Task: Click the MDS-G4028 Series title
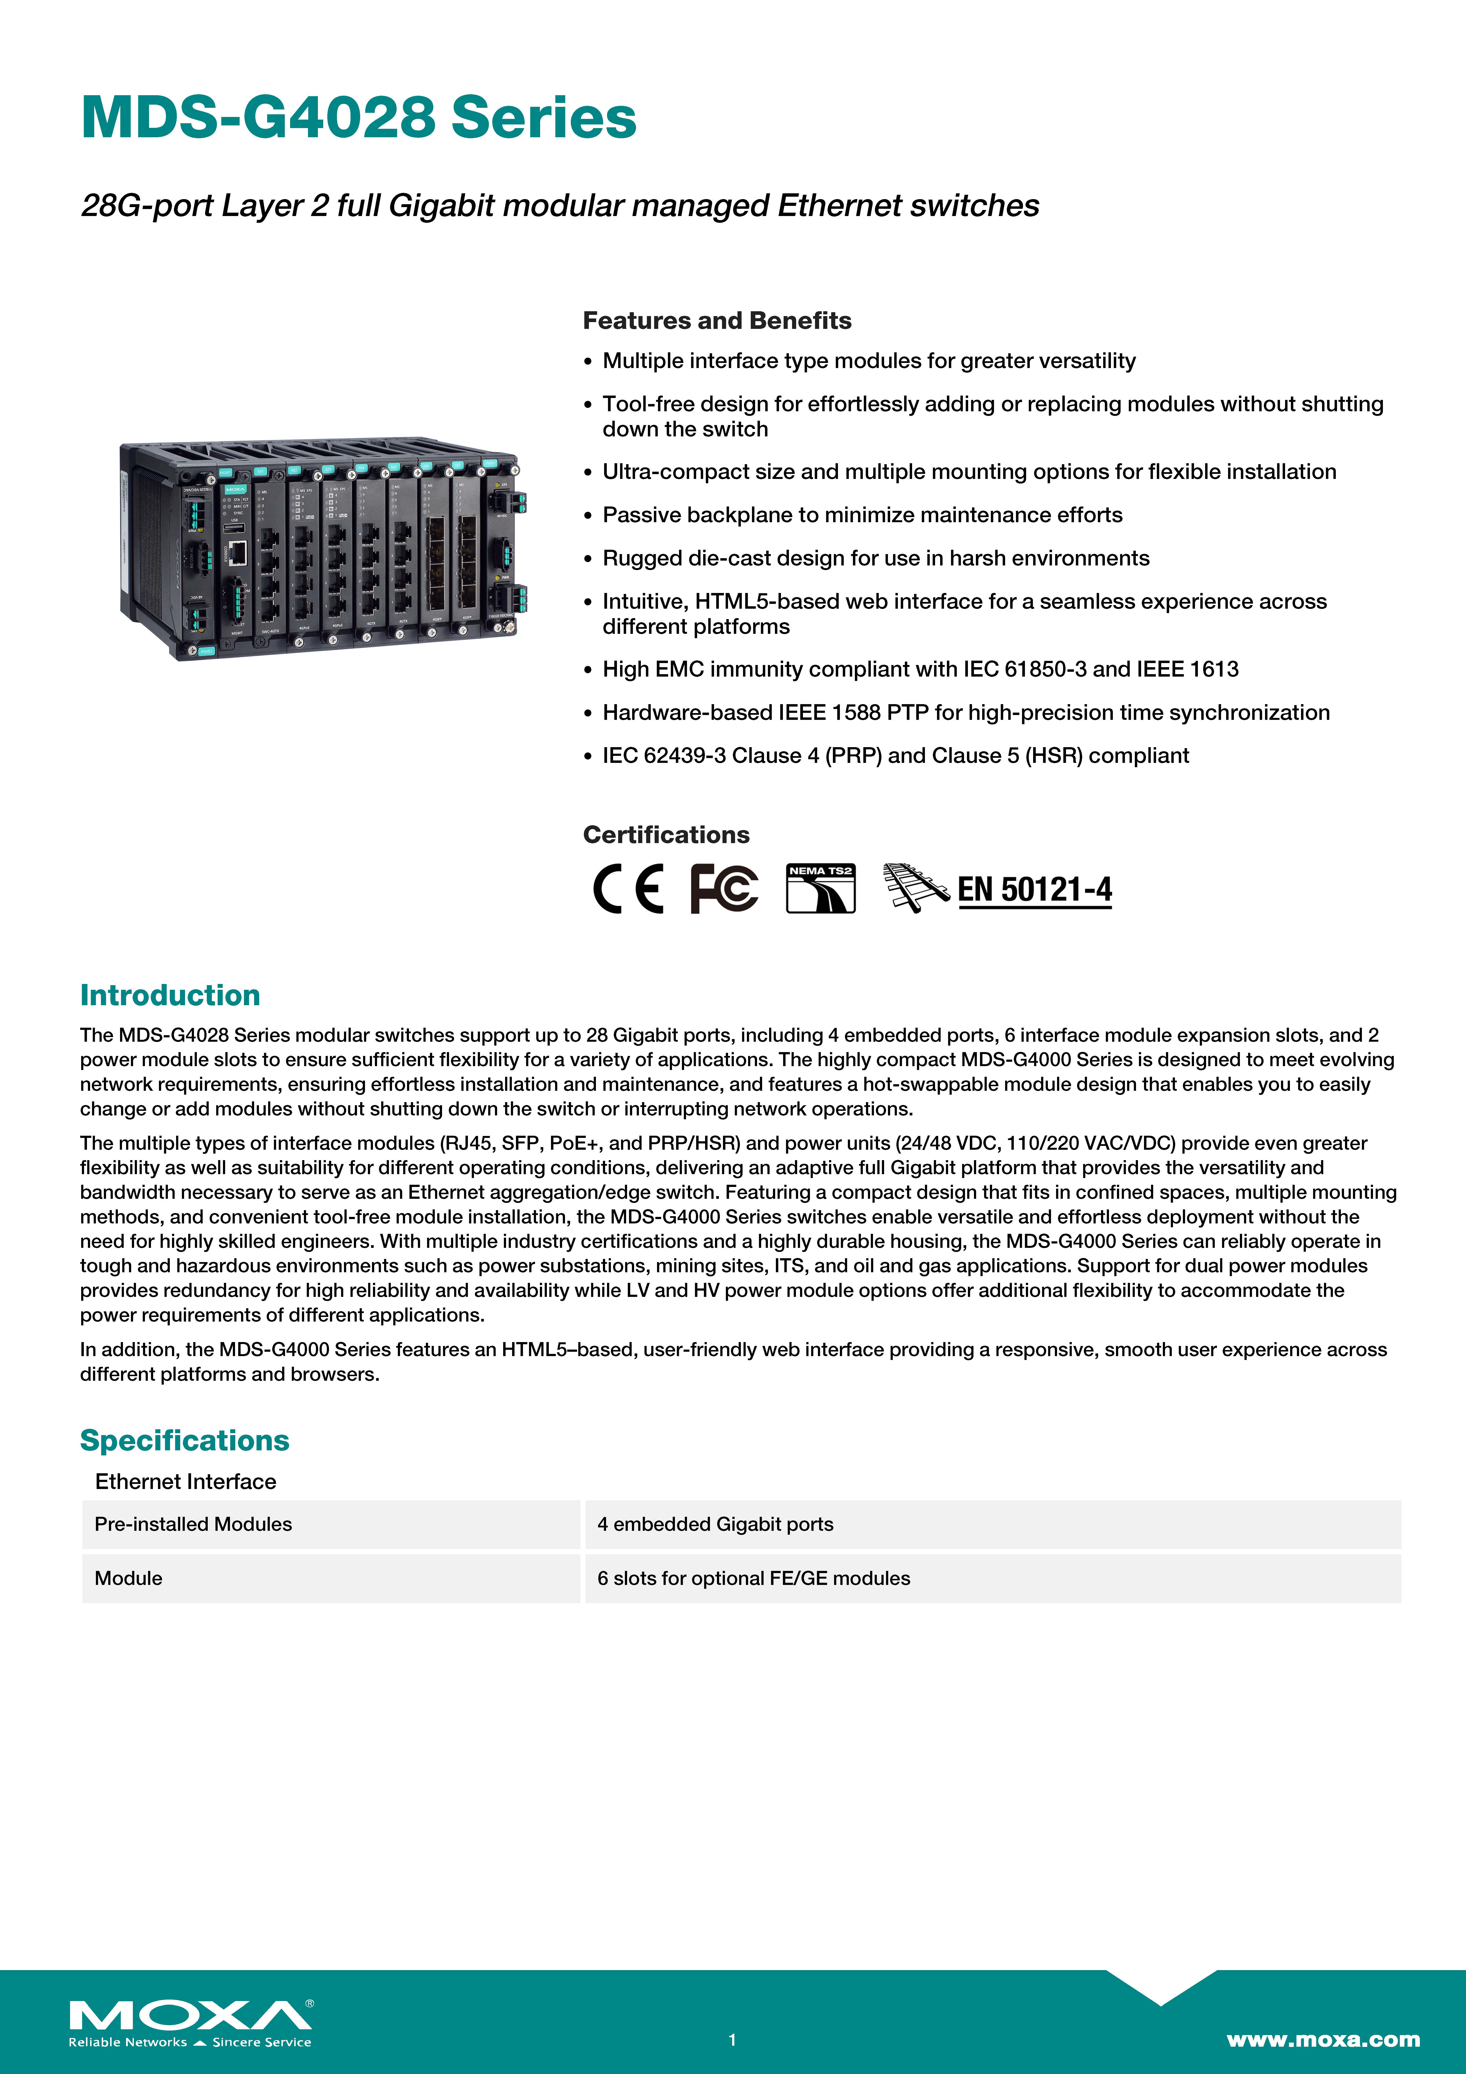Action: pos(359,118)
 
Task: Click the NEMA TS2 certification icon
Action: pos(820,889)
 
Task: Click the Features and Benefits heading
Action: pos(716,321)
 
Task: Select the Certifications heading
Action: pos(666,835)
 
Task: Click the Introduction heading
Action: pos(170,995)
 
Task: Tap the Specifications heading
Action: pos(184,1440)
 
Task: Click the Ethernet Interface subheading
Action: pos(185,1481)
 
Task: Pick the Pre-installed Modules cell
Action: pos(193,1524)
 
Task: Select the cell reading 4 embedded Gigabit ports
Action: pos(715,1524)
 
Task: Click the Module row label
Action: pos(128,1578)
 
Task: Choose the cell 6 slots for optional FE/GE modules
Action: pos(753,1578)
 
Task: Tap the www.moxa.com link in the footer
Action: pos(1322,2039)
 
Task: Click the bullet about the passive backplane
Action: pos(862,515)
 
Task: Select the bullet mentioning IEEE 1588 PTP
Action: pos(965,713)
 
